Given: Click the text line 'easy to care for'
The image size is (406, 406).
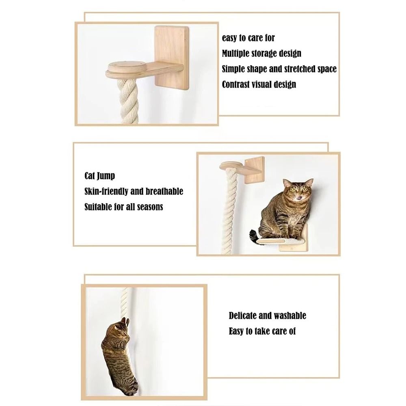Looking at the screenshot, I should (248, 38).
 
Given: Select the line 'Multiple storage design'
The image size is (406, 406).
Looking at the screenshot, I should (261, 53).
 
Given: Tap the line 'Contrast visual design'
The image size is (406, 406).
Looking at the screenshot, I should (259, 84).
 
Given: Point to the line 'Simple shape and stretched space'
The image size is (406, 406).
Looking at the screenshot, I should (279, 69).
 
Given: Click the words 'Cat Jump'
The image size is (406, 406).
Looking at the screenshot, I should (99, 176).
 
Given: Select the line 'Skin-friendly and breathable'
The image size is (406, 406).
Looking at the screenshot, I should (134, 191).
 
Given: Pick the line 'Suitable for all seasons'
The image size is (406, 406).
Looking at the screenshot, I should (123, 207).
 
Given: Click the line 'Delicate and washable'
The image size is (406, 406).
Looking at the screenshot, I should (267, 315).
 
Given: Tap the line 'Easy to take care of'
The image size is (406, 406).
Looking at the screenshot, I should (262, 331).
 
